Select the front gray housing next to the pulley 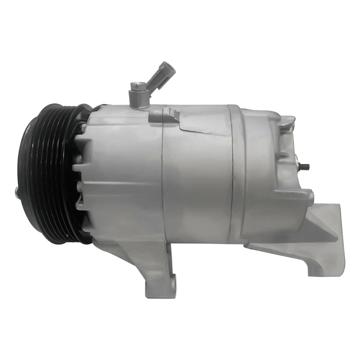pos(120,169)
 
